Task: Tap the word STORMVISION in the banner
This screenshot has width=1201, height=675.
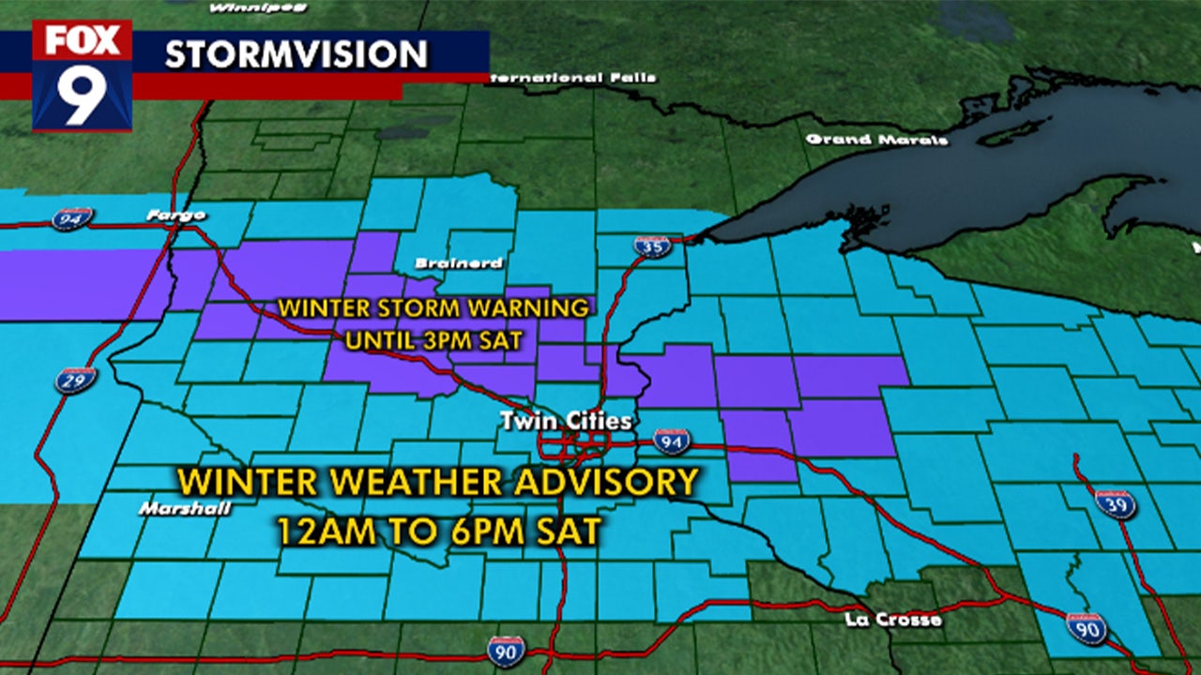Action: pos(296,54)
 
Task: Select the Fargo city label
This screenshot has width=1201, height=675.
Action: pos(175,217)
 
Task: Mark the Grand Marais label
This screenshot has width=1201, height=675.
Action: pos(877,140)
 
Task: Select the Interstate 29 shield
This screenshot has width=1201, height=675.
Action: pos(75,380)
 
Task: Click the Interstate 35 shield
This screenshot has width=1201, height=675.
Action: pos(651,247)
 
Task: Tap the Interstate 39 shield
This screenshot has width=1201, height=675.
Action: pos(1116,503)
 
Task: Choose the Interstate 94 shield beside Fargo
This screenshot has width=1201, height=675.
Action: pos(72,218)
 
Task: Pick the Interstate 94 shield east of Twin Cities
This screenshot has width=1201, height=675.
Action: pos(672,441)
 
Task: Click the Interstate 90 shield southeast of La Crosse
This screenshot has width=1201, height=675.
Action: pos(1086,627)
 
